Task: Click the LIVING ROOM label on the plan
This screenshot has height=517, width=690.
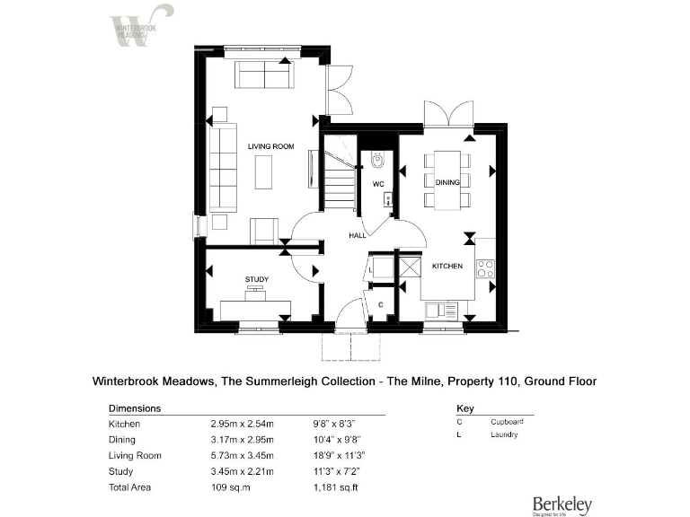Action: (271, 146)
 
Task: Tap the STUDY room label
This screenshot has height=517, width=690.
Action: (257, 280)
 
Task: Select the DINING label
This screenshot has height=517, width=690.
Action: (447, 182)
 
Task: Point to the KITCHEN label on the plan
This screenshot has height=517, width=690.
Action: (447, 267)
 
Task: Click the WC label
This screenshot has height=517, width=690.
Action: (378, 185)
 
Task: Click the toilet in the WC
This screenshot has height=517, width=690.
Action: (377, 162)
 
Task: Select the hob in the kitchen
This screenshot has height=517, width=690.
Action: (485, 267)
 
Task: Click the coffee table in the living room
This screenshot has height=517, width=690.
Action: (263, 171)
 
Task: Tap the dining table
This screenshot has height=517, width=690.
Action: (447, 180)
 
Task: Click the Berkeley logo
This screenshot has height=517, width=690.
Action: (562, 504)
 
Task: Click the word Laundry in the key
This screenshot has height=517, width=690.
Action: (504, 436)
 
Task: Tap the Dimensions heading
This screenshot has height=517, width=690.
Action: (134, 407)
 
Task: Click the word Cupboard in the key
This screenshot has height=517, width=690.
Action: (508, 421)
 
